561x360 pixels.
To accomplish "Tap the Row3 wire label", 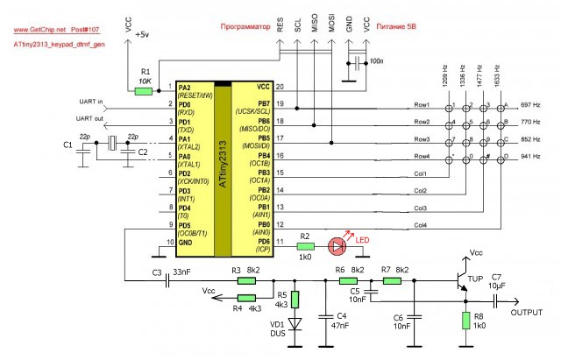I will tap(422, 138).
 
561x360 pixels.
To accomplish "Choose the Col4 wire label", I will tap(421, 225).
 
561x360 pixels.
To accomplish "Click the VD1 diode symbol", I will tap(295, 321).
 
